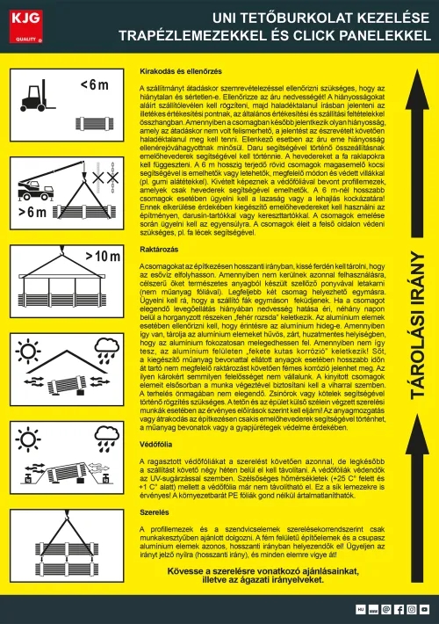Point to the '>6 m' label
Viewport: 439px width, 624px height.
point(32,212)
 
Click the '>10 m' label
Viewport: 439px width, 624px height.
point(102,257)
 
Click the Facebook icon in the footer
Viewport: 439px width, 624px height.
point(399,607)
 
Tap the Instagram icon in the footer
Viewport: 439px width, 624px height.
point(412,607)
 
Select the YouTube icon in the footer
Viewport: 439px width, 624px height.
point(424,607)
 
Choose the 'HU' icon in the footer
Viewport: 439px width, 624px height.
point(359,607)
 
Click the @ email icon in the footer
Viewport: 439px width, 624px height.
point(386,607)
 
